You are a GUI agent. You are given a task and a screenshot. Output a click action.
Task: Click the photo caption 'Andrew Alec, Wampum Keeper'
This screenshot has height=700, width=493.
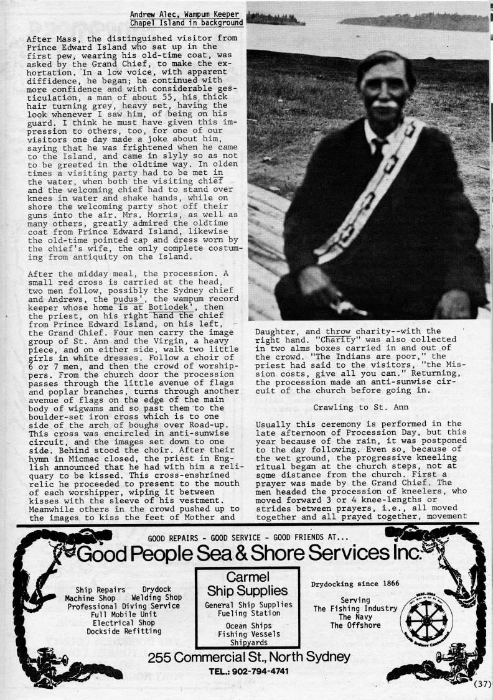tap(186, 14)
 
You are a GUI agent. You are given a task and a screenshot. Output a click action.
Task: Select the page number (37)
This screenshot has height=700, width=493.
tap(482, 684)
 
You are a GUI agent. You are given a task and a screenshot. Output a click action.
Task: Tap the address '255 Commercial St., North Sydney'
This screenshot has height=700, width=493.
tap(249, 658)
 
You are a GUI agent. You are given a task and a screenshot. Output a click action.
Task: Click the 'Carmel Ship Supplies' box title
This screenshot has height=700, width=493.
tap(248, 584)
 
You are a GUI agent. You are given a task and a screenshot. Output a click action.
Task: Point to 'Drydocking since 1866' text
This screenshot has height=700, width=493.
tap(355, 584)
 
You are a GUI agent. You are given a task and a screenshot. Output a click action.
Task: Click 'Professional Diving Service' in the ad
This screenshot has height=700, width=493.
tap(124, 606)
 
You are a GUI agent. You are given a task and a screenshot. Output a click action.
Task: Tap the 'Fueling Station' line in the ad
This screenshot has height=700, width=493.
tap(248, 613)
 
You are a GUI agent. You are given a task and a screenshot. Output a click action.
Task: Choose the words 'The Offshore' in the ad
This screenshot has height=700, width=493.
tap(355, 625)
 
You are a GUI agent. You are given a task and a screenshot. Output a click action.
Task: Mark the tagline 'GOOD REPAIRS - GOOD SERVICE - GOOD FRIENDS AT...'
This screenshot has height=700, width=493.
tap(248, 538)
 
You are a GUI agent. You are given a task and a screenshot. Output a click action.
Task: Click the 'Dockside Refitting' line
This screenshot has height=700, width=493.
tap(124, 630)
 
